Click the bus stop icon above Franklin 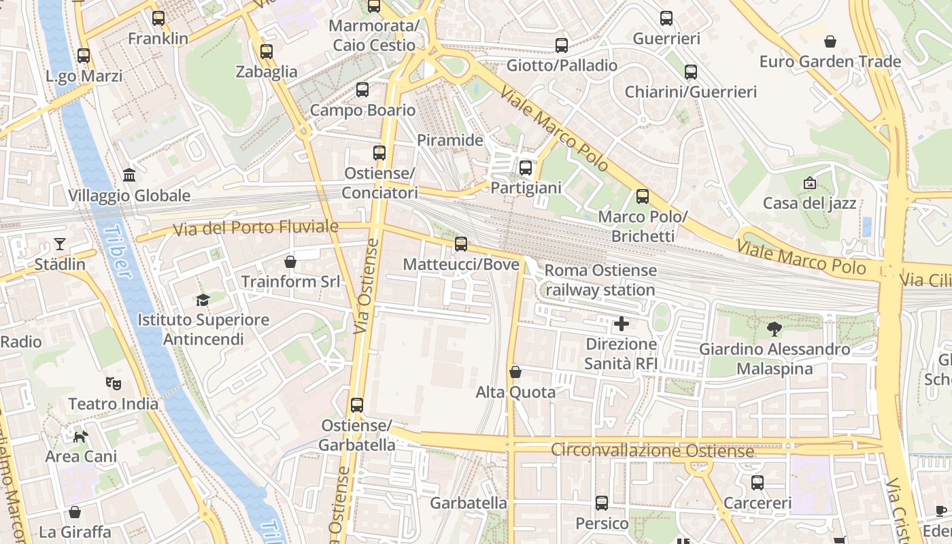[x=158, y=18]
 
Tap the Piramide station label [x=449, y=141]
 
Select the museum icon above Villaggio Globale [x=129, y=175]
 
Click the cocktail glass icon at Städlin [x=60, y=243]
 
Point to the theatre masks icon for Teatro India [x=114, y=384]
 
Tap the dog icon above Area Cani [x=81, y=436]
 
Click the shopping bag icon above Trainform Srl [x=290, y=261]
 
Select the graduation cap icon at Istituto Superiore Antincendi [x=203, y=300]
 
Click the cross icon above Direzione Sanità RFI [x=621, y=324]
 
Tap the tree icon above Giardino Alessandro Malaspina [x=775, y=329]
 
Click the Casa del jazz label [x=809, y=203]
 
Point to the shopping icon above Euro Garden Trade [x=830, y=41]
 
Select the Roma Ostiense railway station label [x=600, y=280]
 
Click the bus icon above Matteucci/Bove [x=461, y=243]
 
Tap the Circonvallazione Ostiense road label [x=652, y=450]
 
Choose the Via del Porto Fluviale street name [x=256, y=228]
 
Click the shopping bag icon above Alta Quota [x=515, y=372]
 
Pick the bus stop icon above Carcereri [x=758, y=483]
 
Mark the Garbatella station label [x=469, y=503]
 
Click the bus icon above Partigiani [x=526, y=167]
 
